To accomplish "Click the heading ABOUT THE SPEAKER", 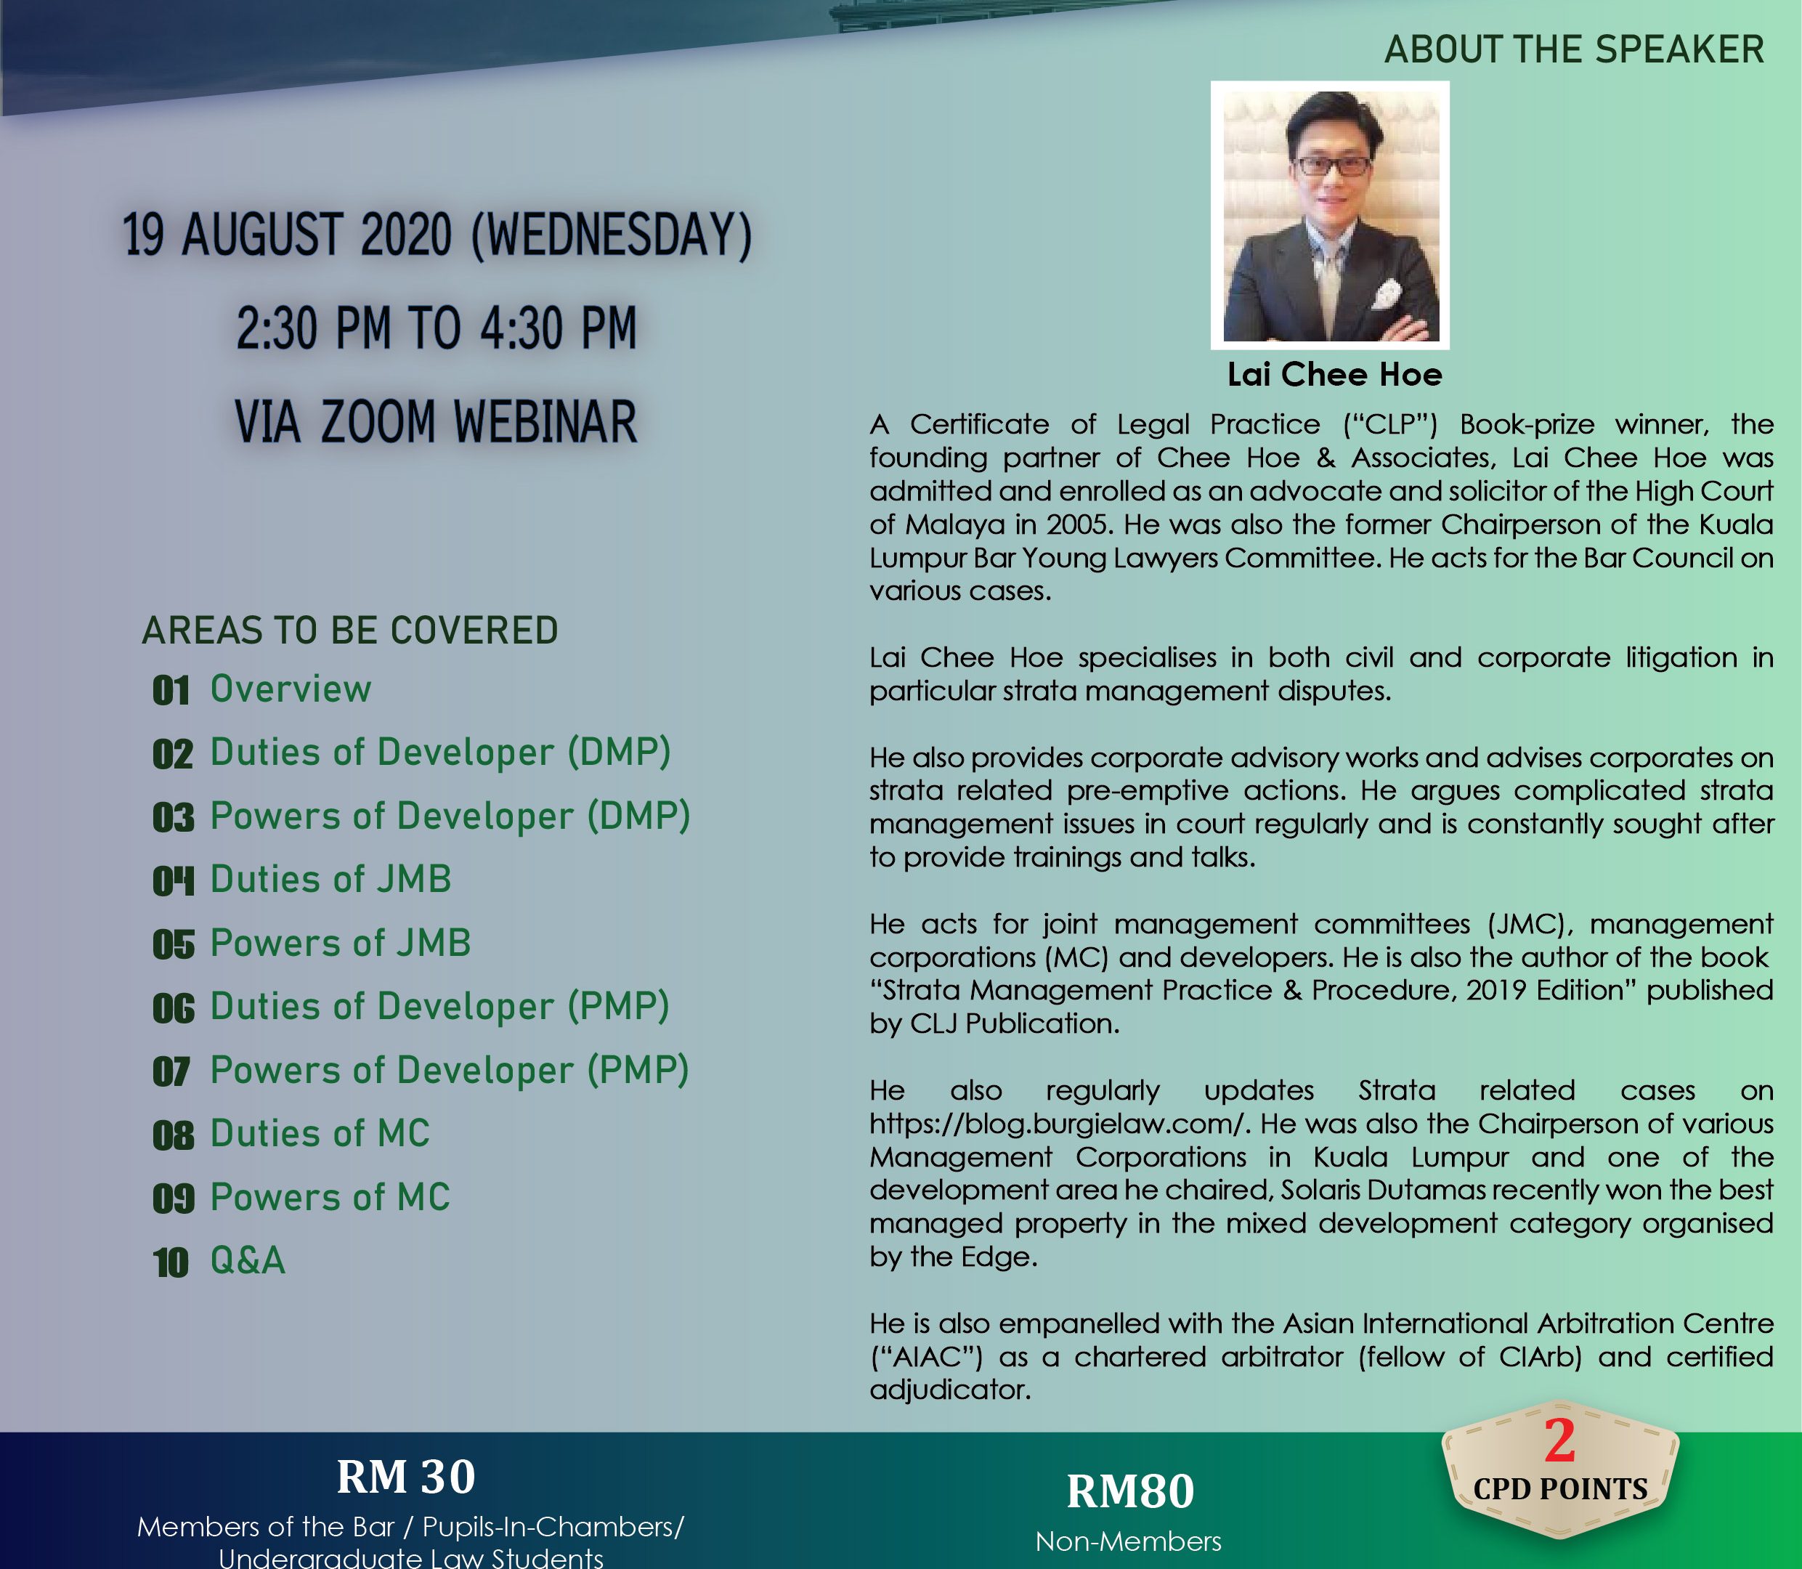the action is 1573,49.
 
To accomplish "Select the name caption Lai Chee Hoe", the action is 1334,375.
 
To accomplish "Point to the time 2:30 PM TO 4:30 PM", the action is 436,328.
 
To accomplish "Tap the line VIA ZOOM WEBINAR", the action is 436,421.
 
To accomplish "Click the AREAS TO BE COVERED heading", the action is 349,631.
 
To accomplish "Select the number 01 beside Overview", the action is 171,691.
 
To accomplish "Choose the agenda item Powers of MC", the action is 330,1197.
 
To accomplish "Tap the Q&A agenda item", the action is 248,1261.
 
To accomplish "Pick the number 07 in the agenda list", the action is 171,1071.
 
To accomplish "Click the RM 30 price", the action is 405,1476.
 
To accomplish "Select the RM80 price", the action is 1129,1491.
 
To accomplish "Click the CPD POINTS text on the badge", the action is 1560,1489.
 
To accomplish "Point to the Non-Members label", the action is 1129,1541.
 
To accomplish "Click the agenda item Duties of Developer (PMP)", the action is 439,1007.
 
